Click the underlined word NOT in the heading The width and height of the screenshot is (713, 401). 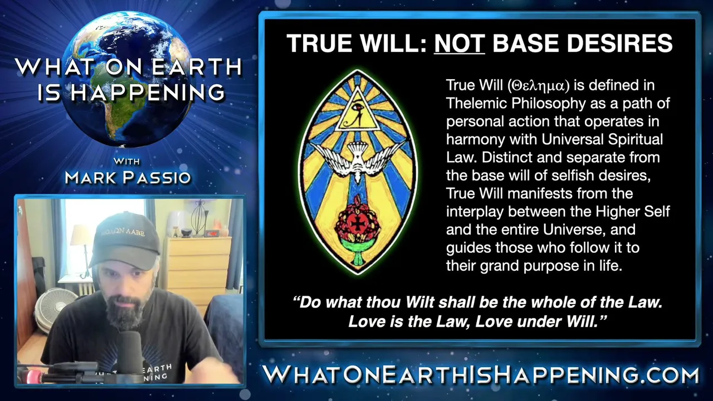(x=460, y=43)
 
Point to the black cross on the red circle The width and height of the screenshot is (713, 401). (x=358, y=224)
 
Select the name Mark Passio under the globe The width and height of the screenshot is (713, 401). (x=128, y=177)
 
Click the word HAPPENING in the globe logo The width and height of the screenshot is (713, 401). (x=148, y=92)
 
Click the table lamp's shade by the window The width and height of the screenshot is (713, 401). (x=81, y=235)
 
